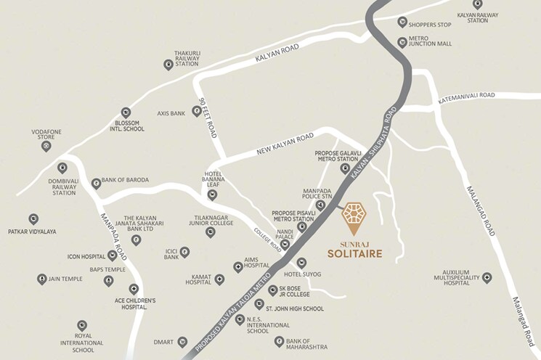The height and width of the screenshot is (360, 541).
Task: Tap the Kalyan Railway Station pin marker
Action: tap(478, 4)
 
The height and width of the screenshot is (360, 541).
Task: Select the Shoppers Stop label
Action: tap(430, 25)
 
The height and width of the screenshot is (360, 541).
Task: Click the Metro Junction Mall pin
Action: tap(402, 42)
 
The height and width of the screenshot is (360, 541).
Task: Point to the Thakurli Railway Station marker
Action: tap(168, 65)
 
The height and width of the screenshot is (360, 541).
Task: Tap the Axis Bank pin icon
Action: tap(196, 111)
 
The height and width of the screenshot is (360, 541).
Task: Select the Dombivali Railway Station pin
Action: tap(62, 168)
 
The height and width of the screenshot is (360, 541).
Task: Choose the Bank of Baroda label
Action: tap(125, 180)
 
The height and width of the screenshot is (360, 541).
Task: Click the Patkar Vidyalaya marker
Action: tap(33, 218)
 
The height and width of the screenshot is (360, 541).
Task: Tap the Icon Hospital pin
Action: tap(112, 255)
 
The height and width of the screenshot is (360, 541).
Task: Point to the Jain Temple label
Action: tap(65, 279)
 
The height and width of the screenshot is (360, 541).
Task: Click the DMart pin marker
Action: tap(182, 341)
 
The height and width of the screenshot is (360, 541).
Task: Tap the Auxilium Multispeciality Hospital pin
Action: tap(487, 278)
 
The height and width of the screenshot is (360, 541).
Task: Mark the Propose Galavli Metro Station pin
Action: tap(345, 168)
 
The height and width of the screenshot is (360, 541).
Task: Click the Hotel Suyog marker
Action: tap(301, 263)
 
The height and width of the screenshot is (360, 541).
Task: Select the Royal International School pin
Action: tap(82, 326)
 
